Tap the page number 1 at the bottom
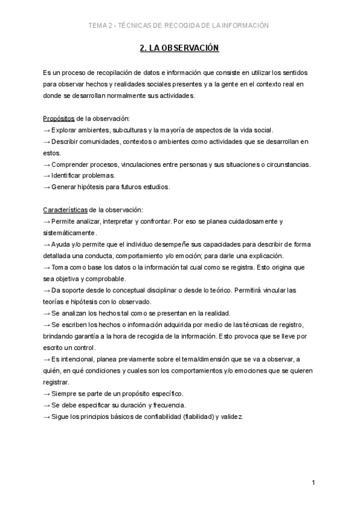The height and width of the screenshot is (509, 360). pyautogui.click(x=313, y=483)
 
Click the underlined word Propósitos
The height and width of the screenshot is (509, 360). pyautogui.click(x=59, y=118)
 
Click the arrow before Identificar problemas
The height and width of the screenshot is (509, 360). pyautogui.click(x=47, y=175)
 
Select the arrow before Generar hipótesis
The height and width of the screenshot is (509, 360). pyautogui.click(x=47, y=187)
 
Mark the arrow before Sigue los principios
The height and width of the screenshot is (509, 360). pyautogui.click(x=47, y=417)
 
